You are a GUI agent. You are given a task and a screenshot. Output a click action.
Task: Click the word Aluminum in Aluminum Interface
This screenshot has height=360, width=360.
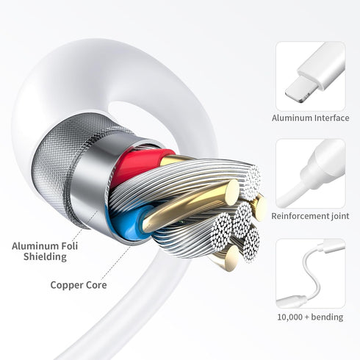(292, 118)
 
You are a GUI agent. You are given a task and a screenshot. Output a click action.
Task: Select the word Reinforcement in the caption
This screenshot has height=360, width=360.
(299, 216)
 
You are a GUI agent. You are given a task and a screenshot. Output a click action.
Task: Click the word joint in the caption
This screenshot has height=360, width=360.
(339, 216)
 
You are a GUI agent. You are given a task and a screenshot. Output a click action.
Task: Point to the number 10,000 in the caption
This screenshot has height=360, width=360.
(290, 317)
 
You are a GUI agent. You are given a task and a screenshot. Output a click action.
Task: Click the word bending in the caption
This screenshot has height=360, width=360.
(327, 317)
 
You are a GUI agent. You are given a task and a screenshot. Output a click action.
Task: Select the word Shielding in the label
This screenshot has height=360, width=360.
(45, 257)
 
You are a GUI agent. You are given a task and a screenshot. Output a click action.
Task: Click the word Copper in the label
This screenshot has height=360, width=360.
(67, 286)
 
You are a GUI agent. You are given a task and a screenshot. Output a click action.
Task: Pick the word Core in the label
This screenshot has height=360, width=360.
(96, 285)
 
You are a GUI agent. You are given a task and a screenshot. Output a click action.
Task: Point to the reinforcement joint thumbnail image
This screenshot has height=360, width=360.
(311, 173)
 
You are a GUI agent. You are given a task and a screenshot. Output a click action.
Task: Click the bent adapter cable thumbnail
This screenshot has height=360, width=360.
(311, 273)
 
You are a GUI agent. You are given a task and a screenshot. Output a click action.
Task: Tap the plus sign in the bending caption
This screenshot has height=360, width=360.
(307, 317)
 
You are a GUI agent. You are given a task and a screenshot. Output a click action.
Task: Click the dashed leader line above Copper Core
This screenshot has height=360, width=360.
(116, 262)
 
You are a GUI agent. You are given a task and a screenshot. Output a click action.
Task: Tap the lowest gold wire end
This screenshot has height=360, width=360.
(231, 258)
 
